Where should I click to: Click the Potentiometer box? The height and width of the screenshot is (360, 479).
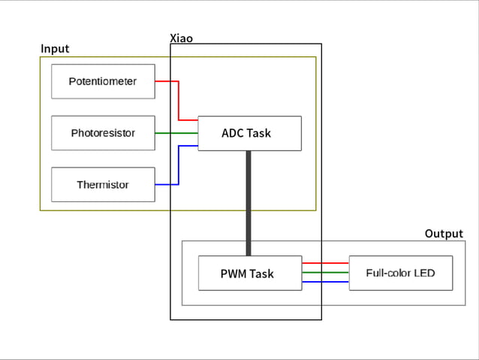click(x=103, y=81)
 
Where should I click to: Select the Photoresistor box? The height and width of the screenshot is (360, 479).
click(x=103, y=133)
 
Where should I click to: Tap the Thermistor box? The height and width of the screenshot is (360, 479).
click(x=103, y=185)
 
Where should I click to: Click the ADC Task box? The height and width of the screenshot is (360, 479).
click(x=249, y=133)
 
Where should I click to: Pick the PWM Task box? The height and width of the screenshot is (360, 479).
click(x=249, y=274)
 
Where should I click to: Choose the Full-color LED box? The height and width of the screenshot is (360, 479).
click(x=401, y=273)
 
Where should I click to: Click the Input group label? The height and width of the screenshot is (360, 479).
click(x=55, y=49)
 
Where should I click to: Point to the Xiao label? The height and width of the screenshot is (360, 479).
click(x=182, y=38)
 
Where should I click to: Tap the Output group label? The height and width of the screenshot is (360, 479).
click(x=444, y=234)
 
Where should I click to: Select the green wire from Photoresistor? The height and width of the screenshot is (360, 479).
click(x=176, y=133)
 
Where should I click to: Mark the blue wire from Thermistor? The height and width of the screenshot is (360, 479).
click(x=178, y=165)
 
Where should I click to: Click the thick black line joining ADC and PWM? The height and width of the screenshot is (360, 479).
click(x=249, y=203)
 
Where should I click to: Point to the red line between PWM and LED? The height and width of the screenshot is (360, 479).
click(x=325, y=263)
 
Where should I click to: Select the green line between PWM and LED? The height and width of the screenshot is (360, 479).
click(x=325, y=273)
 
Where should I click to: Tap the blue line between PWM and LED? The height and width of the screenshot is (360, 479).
click(x=325, y=282)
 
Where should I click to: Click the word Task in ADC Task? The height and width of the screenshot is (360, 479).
click(x=259, y=133)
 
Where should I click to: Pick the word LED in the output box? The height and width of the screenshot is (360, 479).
click(x=424, y=273)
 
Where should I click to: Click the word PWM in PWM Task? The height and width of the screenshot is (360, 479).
click(x=233, y=274)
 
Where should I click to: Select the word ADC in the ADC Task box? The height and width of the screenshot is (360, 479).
click(x=233, y=133)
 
